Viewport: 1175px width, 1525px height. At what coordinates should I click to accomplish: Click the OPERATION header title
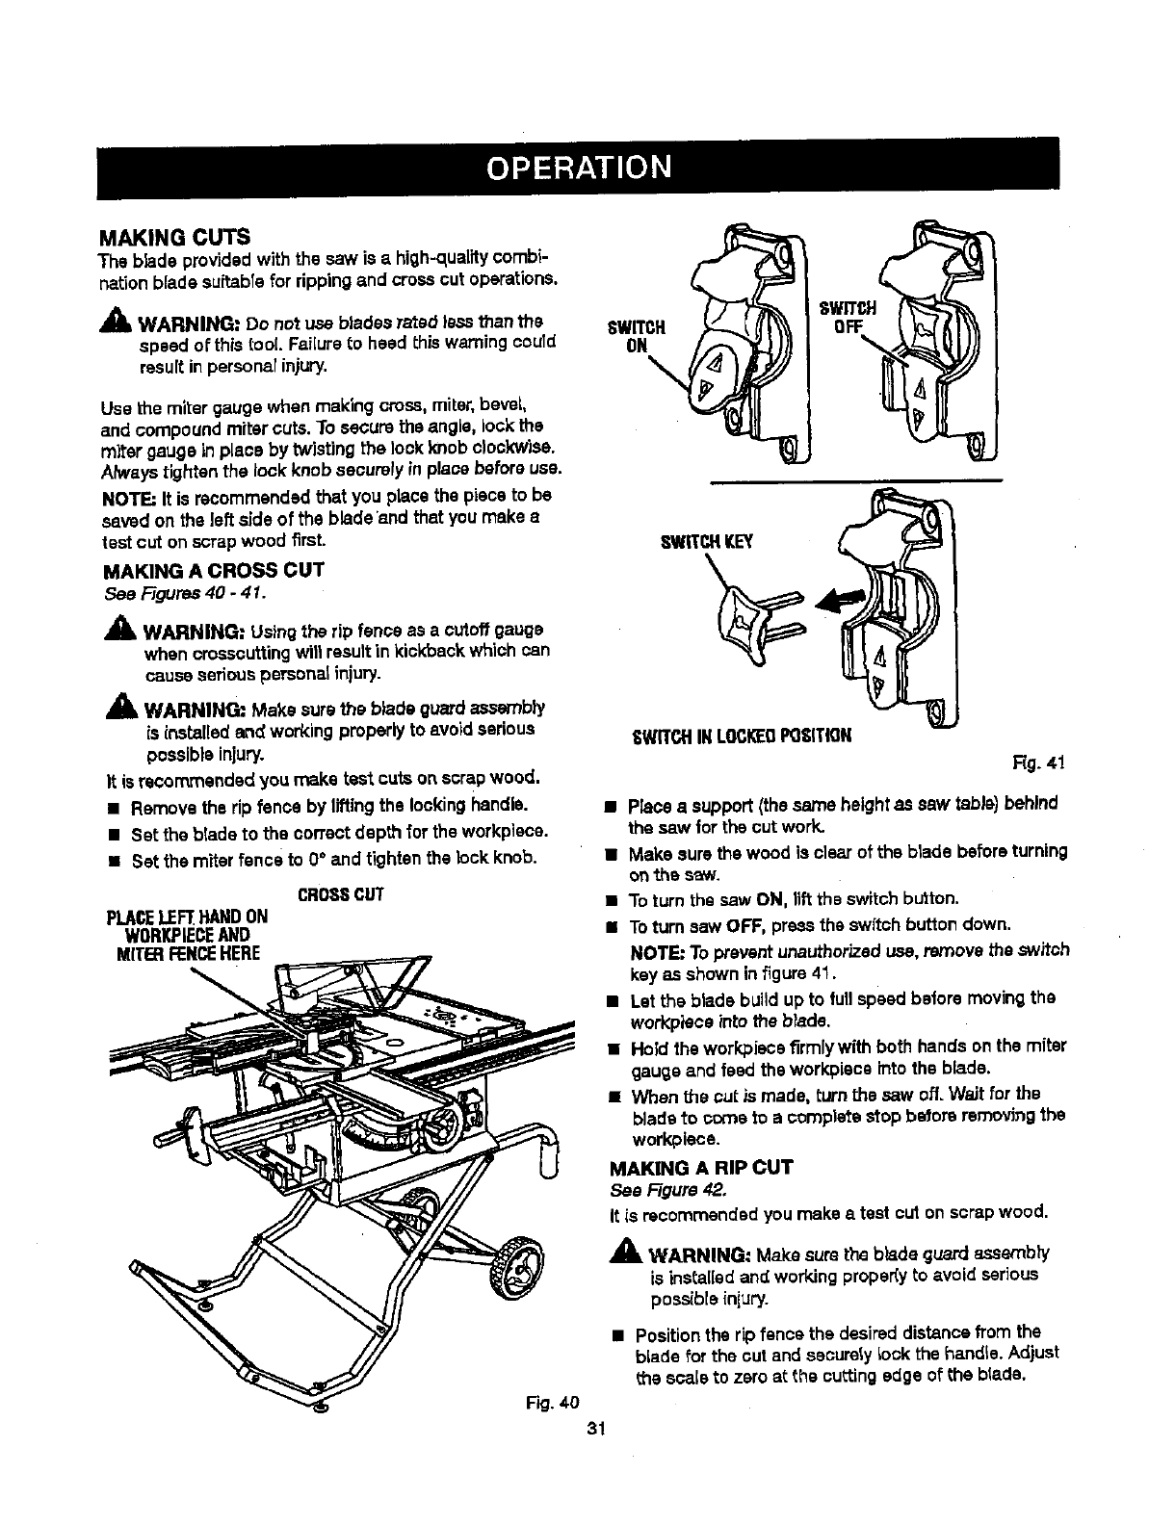tap(578, 168)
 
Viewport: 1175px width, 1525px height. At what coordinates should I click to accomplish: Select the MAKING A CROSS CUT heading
tap(213, 569)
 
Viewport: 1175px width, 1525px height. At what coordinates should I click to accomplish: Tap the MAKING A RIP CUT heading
tap(701, 1168)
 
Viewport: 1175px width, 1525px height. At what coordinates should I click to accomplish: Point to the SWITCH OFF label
tap(848, 317)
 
